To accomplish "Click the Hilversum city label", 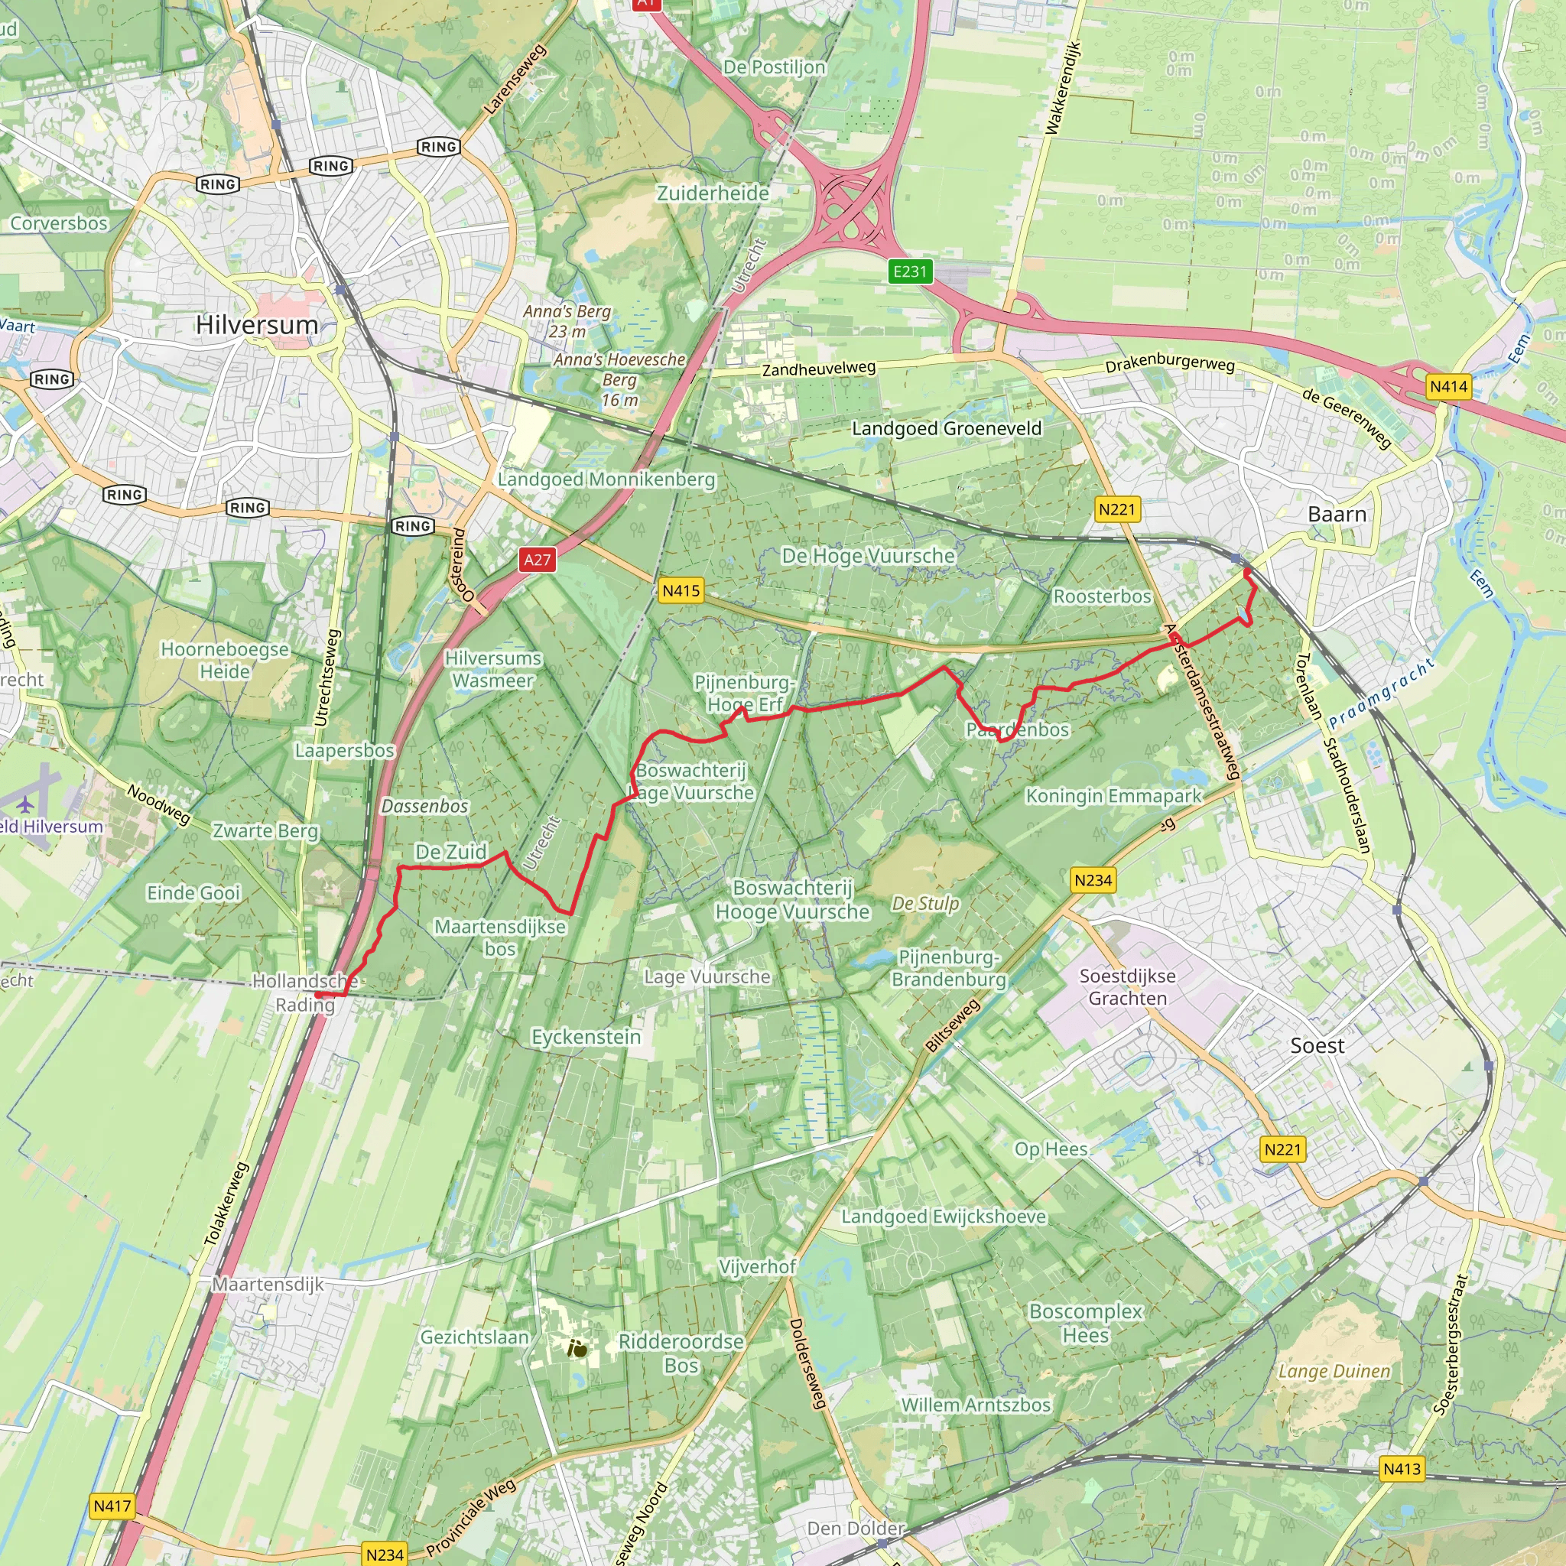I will coord(257,325).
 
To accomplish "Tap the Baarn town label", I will coord(1337,514).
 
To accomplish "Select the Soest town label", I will coord(1317,1045).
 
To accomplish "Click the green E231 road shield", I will coord(909,271).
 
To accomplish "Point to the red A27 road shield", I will coord(537,559).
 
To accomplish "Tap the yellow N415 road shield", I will coord(681,591).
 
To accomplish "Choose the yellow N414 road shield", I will coord(1448,387).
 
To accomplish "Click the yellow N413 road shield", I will coord(1402,1469).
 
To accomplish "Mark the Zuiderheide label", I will coord(713,193).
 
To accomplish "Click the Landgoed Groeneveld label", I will coord(946,428).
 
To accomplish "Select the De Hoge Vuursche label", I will coord(868,555).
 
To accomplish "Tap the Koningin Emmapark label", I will coord(1113,795).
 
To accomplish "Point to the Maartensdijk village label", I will coord(268,1284).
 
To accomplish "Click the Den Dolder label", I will coord(855,1528).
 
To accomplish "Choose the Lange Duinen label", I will coord(1334,1371).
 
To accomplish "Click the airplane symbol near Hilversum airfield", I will coord(26,804).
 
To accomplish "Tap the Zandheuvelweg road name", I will coord(819,369).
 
